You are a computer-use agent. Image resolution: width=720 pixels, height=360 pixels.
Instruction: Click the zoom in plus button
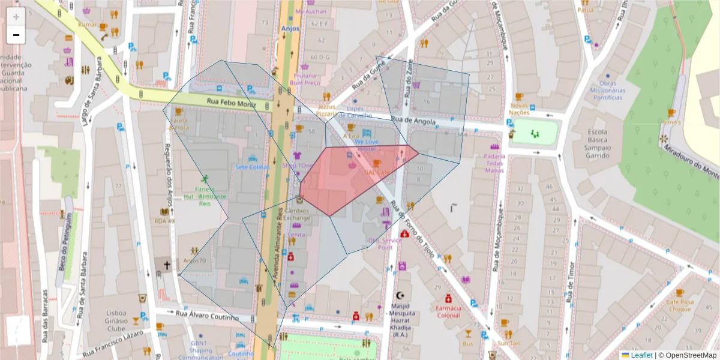coord(16,17)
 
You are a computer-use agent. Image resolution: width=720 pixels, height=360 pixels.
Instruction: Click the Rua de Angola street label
coord(413,121)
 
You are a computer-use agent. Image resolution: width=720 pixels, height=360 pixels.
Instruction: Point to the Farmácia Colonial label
coord(448,311)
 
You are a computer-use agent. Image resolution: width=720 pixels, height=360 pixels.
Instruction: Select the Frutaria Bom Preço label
coord(305,79)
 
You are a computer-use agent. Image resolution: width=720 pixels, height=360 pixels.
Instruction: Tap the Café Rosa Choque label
coord(680,305)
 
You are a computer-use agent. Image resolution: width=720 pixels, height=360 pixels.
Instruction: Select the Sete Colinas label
coord(252,167)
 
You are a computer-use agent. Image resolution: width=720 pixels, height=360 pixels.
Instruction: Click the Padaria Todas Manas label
coord(494,163)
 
